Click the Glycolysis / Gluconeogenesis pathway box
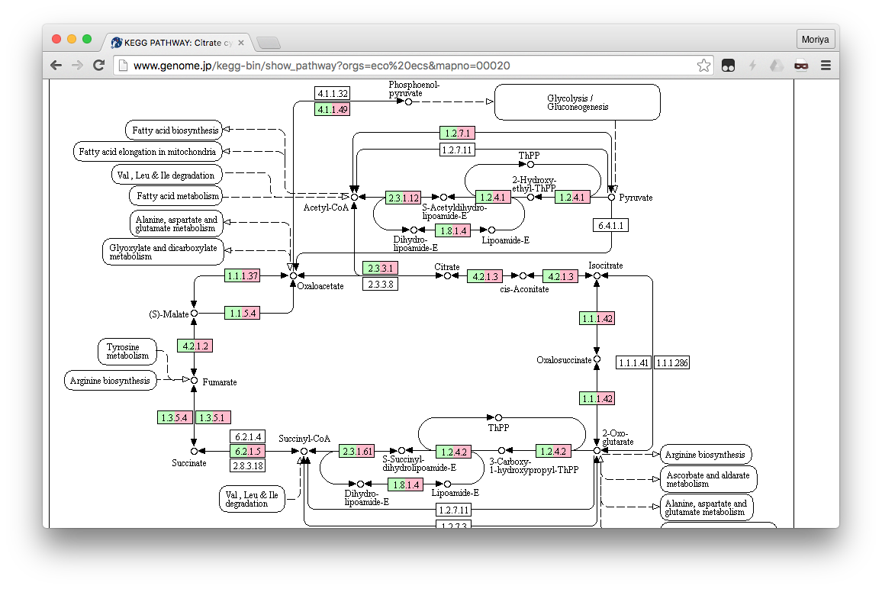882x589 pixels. coord(577,102)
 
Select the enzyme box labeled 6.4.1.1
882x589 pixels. coord(611,225)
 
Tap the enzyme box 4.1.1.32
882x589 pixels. coord(332,94)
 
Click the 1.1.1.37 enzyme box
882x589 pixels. coord(243,275)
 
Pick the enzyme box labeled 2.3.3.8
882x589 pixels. coord(379,285)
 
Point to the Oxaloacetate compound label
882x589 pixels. coord(320,286)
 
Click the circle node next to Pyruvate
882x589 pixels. coord(611,198)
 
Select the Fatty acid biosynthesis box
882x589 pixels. coord(175,130)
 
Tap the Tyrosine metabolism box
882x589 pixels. coord(127,352)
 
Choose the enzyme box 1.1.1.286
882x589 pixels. coord(671,363)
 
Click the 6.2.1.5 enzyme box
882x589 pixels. coord(248,452)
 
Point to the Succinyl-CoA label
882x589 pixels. coord(304,439)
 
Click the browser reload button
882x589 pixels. coord(98,66)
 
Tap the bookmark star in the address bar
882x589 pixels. coord(703,66)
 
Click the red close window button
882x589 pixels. coord(56,39)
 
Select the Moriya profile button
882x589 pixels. coord(816,39)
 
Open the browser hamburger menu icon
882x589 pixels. coord(826,66)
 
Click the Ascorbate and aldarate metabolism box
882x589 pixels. coord(708,479)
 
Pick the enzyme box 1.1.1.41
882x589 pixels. coord(633,363)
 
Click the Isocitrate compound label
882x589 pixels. coord(606,266)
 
